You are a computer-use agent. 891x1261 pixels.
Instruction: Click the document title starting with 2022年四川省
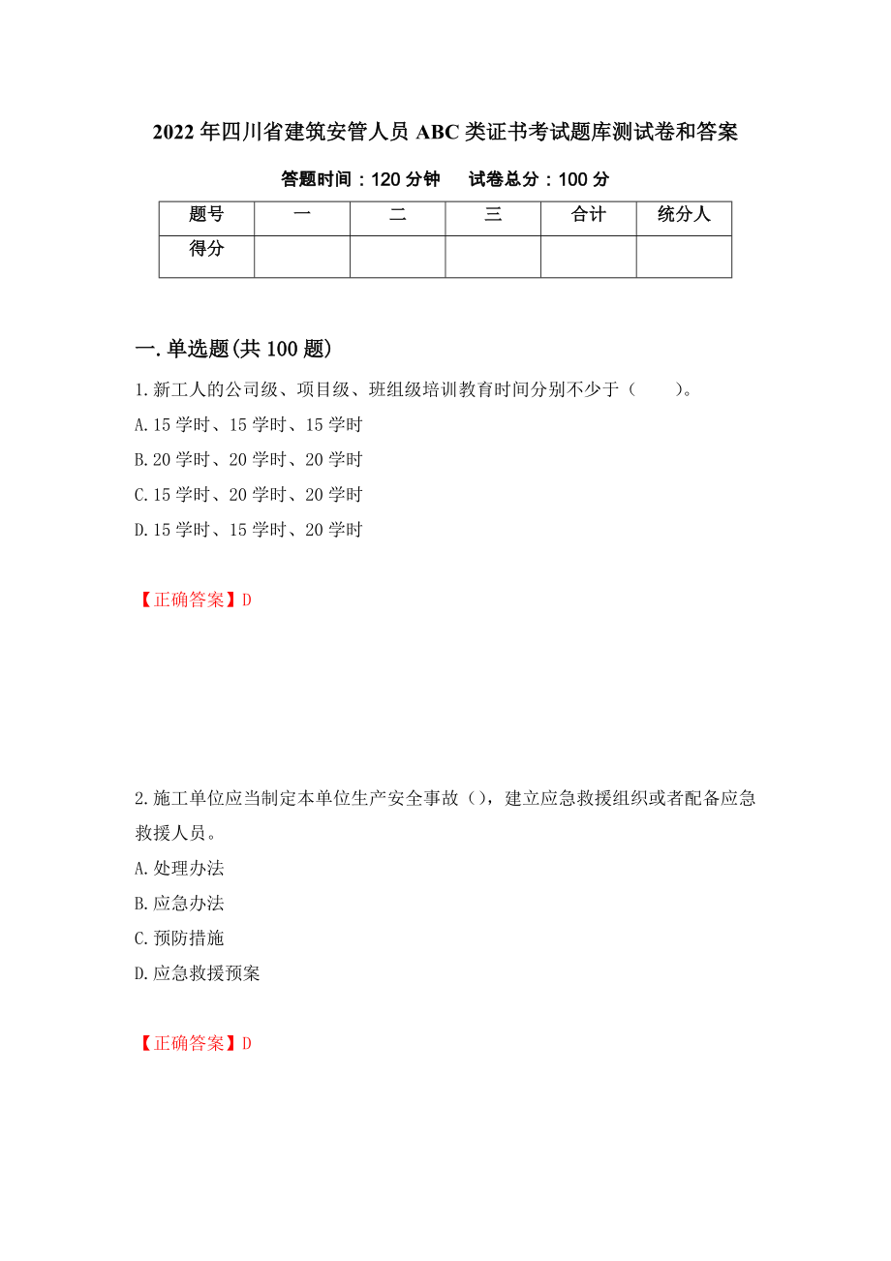click(x=445, y=133)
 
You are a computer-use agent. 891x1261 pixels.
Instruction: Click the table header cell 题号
click(x=206, y=216)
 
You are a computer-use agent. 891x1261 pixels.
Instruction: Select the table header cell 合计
click(x=588, y=216)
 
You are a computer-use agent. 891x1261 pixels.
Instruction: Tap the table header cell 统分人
click(x=684, y=216)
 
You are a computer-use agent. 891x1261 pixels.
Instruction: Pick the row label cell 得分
click(x=206, y=250)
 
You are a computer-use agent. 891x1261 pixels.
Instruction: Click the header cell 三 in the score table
click(x=493, y=216)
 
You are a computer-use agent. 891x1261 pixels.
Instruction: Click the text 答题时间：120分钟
click(x=360, y=180)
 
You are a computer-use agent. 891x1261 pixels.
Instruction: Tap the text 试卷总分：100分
click(x=538, y=180)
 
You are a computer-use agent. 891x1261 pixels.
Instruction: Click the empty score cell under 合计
click(x=588, y=257)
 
